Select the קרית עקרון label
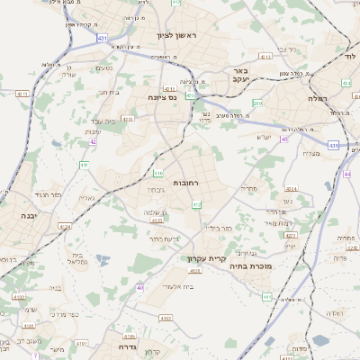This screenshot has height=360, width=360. point(206,258)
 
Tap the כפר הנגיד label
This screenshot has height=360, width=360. point(43,193)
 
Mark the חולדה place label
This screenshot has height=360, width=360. point(332,312)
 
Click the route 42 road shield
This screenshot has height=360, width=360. point(94,141)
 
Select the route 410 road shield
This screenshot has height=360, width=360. point(159,173)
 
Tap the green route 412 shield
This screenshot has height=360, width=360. point(196,205)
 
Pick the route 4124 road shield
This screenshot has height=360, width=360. point(65,226)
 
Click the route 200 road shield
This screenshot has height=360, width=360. point(257,103)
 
